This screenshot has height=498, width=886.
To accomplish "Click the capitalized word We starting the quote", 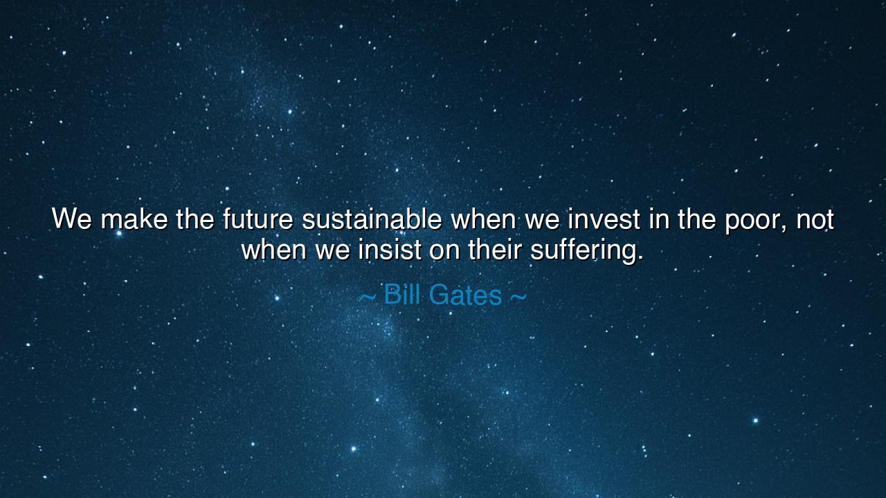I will (71, 219).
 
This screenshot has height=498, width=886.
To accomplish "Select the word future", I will (258, 219).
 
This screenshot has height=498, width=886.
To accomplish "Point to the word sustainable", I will (372, 219).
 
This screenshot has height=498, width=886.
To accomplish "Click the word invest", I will (604, 219).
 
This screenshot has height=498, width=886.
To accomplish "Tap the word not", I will (815, 219).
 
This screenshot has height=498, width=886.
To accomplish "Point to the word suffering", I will (582, 250).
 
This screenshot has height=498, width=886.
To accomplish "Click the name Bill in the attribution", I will (403, 295).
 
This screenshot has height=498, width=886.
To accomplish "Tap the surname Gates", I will (465, 295).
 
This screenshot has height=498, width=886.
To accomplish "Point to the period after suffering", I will (640, 258).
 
